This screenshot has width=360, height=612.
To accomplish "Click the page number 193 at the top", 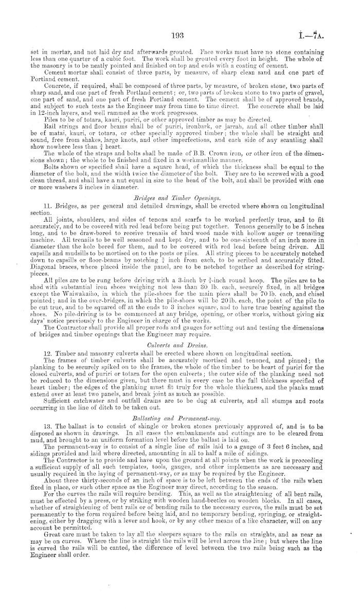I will [x=179, y=34].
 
